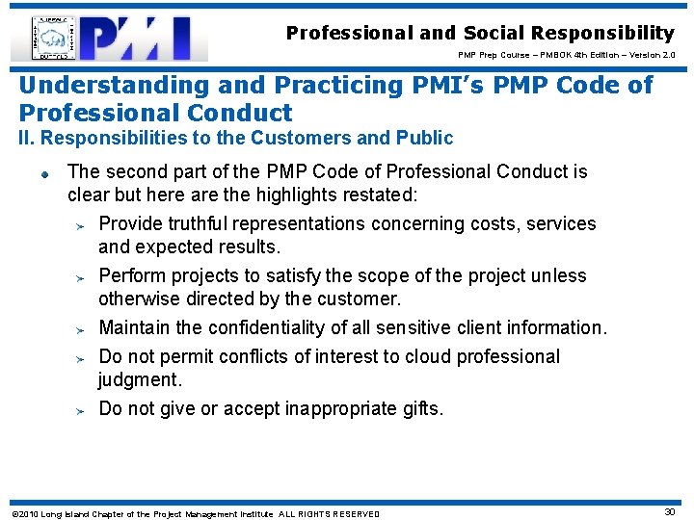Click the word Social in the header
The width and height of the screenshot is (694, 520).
pyautogui.click(x=497, y=33)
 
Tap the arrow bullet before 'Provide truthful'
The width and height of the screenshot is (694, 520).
pyautogui.click(x=82, y=225)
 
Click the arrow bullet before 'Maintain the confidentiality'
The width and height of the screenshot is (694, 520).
pyautogui.click(x=82, y=329)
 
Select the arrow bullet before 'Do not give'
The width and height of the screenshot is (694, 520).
pyautogui.click(x=82, y=410)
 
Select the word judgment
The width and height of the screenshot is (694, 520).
pyautogui.click(x=139, y=380)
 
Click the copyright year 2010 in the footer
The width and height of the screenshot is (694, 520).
pyautogui.click(x=28, y=514)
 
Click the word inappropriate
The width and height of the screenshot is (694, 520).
pyautogui.click(x=344, y=408)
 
